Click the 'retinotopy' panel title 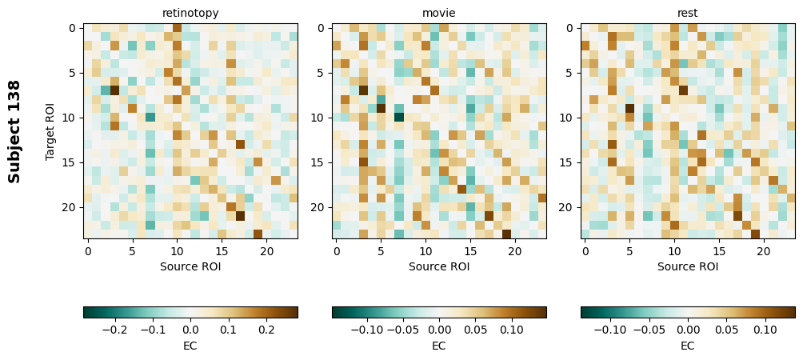[190, 13]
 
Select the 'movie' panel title [439, 13]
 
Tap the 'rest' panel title [688, 13]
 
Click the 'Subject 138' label [14, 131]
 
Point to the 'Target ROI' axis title [50, 131]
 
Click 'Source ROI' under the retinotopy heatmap [190, 266]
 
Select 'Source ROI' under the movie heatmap [439, 266]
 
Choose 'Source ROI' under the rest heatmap [688, 266]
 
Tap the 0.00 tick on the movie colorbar [439, 329]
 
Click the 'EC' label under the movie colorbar [439, 346]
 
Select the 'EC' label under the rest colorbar [688, 346]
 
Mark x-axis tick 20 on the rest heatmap [764, 251]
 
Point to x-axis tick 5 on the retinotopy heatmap [132, 251]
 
